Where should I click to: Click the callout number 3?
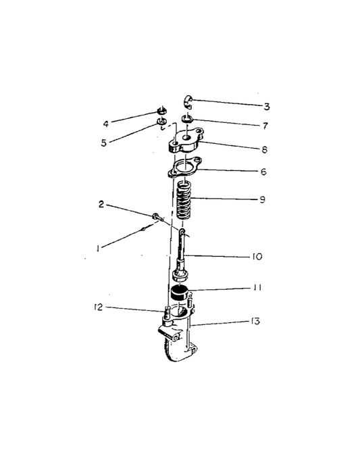[267, 107]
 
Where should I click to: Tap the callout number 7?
[265, 126]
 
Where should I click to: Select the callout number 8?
[265, 149]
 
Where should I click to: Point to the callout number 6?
[263, 172]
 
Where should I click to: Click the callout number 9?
[263, 199]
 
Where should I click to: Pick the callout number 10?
[257, 256]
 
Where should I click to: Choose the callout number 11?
[257, 288]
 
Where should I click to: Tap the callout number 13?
[255, 321]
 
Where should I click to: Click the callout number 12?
[98, 307]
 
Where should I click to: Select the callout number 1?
[98, 249]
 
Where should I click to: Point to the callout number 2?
[101, 205]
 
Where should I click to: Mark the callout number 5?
[103, 143]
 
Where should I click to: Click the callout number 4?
[106, 124]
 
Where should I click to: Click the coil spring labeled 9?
[184, 200]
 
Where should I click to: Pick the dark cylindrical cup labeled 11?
[179, 293]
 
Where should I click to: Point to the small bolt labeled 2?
[159, 218]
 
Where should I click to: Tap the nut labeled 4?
[162, 111]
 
